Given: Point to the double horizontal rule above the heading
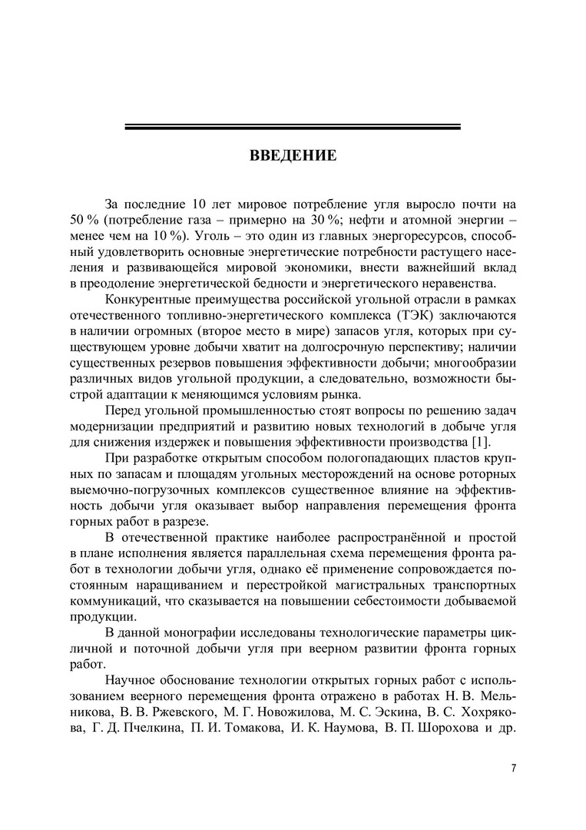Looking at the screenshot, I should coord(293,127).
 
